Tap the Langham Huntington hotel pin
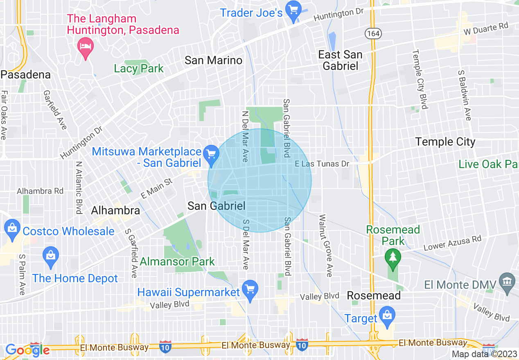[86, 46]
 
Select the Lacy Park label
[139, 68]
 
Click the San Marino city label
[213, 61]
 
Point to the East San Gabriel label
[340, 60]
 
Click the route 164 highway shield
[373, 34]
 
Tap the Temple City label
[445, 142]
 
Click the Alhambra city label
[115, 211]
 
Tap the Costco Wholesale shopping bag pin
[11, 229]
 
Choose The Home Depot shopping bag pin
[51, 255]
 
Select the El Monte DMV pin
[508, 282]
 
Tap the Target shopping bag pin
[386, 315]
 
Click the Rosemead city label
[374, 295]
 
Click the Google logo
[27, 350]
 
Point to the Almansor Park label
[177, 261]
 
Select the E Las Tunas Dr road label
[323, 164]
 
